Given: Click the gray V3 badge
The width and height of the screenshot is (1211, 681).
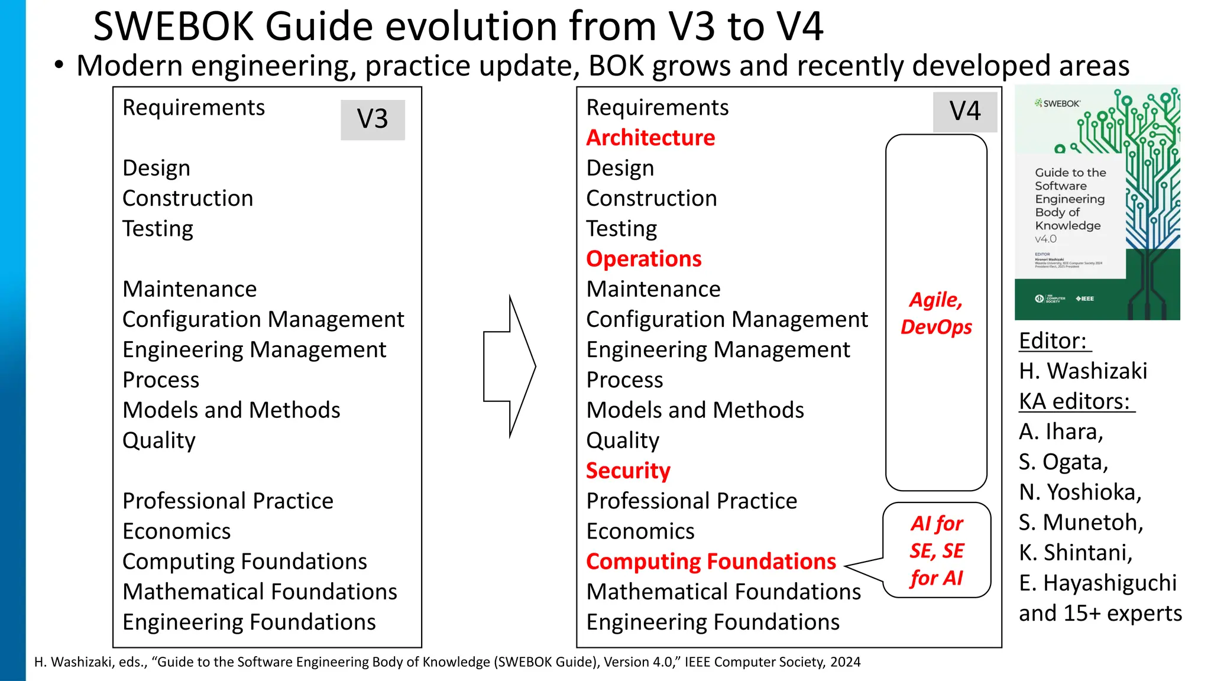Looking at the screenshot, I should pyautogui.click(x=373, y=119).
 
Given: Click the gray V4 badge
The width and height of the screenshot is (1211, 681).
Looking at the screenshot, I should pyautogui.click(x=964, y=112).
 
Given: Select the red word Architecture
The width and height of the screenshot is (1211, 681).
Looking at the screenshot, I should pyautogui.click(x=650, y=138).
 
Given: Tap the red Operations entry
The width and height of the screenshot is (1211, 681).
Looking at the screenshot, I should pyautogui.click(x=643, y=259).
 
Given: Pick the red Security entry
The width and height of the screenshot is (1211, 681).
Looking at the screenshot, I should pyautogui.click(x=628, y=471).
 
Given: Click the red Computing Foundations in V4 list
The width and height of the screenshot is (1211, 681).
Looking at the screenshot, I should pyautogui.click(x=711, y=562).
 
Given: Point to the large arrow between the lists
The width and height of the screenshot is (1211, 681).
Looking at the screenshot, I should pyautogui.click(x=509, y=367).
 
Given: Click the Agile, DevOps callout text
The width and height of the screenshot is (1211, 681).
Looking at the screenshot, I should pyautogui.click(x=936, y=313).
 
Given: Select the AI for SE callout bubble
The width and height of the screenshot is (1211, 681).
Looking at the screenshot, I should pyautogui.click(x=937, y=550).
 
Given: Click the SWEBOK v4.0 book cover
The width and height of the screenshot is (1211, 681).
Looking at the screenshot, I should pyautogui.click(x=1097, y=203).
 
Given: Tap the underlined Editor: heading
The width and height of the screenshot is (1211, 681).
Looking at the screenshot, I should pyautogui.click(x=1053, y=341).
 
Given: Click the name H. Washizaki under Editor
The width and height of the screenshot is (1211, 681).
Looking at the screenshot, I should pyautogui.click(x=1083, y=371).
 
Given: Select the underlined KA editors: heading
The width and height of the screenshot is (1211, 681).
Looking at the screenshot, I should pyautogui.click(x=1075, y=401).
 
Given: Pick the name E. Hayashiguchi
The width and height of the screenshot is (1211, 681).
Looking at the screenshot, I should pyautogui.click(x=1097, y=583).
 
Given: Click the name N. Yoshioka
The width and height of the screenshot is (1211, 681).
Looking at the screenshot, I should pyautogui.click(x=1080, y=492).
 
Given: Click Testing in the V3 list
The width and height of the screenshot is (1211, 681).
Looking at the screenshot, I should pyautogui.click(x=158, y=229).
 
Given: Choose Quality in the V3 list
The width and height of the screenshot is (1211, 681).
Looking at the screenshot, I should pyautogui.click(x=158, y=440).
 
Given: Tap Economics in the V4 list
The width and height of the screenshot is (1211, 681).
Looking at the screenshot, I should pyautogui.click(x=640, y=531).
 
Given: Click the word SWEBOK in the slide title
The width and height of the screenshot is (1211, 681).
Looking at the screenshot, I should pyautogui.click(x=173, y=27).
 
